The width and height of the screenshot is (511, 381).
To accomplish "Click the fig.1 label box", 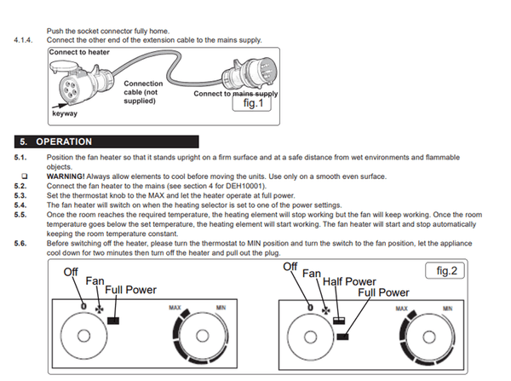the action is pos(251,103).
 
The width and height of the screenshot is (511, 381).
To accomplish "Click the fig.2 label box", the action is pos(445,271).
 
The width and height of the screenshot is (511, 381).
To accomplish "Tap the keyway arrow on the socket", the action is pos(60,106).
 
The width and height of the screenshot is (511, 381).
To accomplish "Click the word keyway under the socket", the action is pos(65,113).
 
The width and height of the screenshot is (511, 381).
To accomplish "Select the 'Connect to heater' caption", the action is pos(79,52).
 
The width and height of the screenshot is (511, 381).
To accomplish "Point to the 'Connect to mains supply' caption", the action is pos(236,94).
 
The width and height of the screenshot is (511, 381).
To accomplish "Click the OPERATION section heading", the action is pos(64,141).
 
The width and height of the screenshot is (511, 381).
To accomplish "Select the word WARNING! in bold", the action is pos(66,176).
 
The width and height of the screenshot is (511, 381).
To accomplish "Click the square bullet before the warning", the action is pos(25,176).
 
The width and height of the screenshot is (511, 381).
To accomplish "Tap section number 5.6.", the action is pos(20,243).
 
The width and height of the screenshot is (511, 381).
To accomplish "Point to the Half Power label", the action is pos(349,281).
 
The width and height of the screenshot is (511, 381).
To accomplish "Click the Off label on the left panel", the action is pos(71,272).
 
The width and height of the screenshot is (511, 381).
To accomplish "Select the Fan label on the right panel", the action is pos(312,273).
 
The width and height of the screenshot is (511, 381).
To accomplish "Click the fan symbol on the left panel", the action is pos(99,309).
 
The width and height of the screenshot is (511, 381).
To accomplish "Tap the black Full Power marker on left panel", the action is pos(113,320).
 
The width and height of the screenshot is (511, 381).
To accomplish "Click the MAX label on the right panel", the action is pos(401,309).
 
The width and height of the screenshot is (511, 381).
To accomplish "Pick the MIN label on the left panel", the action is pos(221,308).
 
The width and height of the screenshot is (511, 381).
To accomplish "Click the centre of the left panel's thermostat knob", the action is pos(202,336).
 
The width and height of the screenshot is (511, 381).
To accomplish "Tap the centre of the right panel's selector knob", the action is pos(310,337).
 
